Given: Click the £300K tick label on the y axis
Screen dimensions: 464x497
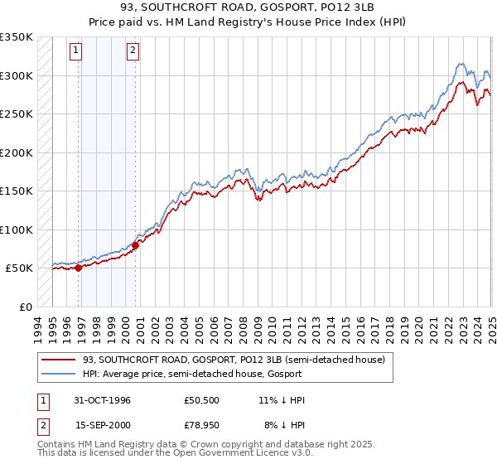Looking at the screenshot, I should [17, 75].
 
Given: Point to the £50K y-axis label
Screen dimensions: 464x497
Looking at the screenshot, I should [19, 268].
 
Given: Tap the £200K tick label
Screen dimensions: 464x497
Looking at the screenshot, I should [17, 152].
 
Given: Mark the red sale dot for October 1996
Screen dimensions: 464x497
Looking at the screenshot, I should [79, 268].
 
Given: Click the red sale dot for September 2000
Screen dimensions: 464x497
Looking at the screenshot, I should [135, 245].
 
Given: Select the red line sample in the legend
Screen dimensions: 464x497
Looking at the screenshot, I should [59, 360].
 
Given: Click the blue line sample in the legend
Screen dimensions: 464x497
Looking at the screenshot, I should [59, 375].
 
